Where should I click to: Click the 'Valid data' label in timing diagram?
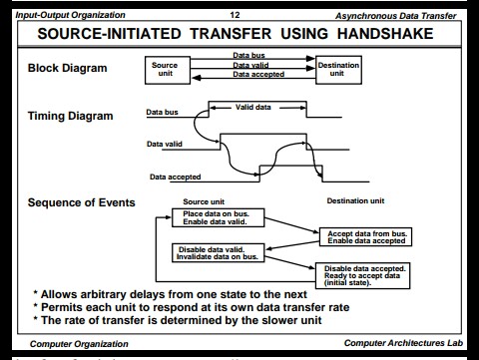click(256, 106)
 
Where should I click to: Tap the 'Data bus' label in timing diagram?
click(161, 112)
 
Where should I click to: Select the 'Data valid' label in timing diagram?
click(166, 144)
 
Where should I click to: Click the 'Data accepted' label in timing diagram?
click(175, 177)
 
